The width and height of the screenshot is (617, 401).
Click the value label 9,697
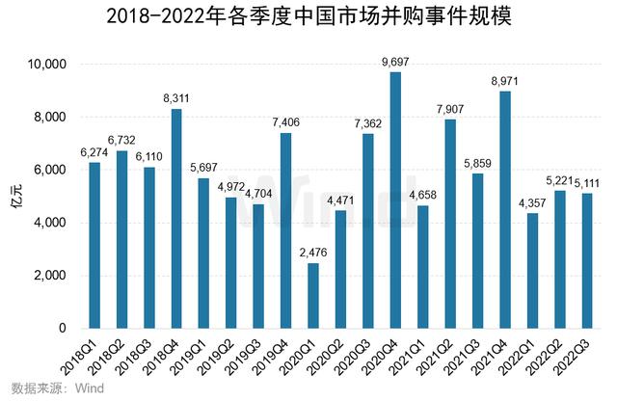pos(395,64)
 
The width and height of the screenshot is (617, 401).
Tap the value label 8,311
pos(176,99)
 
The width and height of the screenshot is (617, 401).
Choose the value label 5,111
pos(586,183)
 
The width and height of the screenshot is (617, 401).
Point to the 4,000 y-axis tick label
pos(47,223)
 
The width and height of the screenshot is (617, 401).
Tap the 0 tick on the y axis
pos(60,329)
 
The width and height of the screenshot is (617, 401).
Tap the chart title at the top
pos(308,17)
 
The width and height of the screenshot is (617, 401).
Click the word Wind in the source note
pos(89,388)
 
